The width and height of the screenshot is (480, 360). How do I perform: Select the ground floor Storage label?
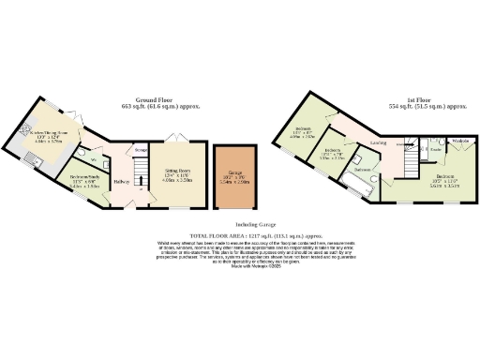141,149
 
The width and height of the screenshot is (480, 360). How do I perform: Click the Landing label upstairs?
380,143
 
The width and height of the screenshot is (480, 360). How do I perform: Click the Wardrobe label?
460,142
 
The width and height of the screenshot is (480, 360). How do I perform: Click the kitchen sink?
32,164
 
